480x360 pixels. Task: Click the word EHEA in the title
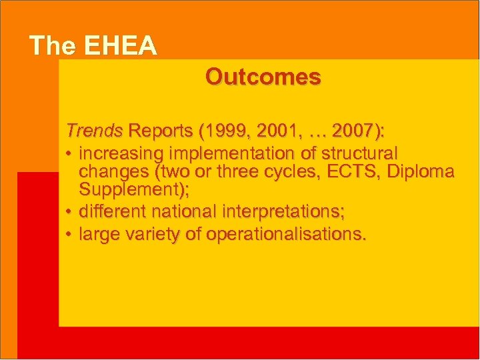pos(121,46)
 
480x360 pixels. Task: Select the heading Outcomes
pos(263,77)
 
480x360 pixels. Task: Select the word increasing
pos(121,153)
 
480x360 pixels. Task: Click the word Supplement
pos(131,190)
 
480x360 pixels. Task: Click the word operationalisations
pos(286,235)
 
